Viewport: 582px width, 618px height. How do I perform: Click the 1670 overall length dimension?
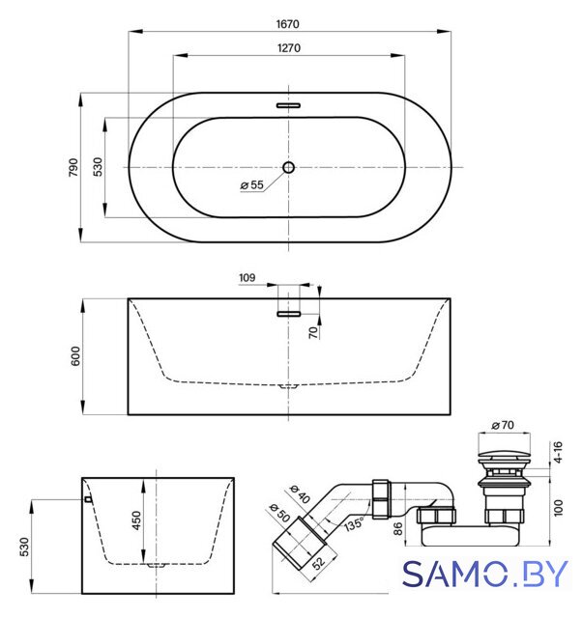coord(288,24)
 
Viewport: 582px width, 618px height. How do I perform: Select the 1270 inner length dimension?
coord(289,48)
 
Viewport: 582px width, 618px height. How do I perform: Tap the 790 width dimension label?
coord(73,167)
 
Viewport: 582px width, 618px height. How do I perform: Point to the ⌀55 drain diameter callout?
coord(252,184)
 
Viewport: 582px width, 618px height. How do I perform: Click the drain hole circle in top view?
coord(288,167)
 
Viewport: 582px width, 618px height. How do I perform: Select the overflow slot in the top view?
coord(288,105)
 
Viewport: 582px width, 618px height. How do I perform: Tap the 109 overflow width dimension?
coord(247,278)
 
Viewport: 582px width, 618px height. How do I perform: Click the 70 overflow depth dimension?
coord(313,332)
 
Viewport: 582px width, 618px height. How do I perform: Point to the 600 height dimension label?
coord(75,356)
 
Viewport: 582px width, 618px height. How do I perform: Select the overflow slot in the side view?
coord(288,314)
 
